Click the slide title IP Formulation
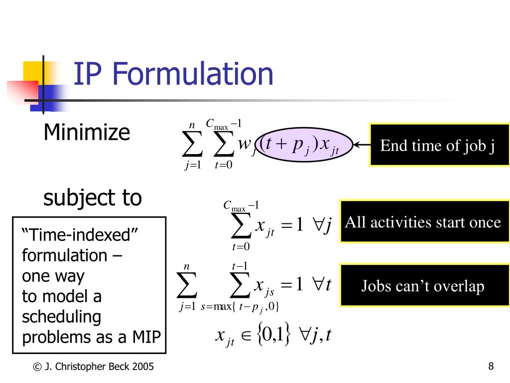[x=173, y=74]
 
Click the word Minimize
[x=87, y=133]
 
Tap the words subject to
[x=93, y=198]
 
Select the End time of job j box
[x=438, y=146]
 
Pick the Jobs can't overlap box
[x=422, y=286]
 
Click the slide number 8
[x=491, y=367]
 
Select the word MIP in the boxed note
[x=146, y=338]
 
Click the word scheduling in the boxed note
[x=62, y=317]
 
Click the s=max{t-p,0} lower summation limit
[x=240, y=307]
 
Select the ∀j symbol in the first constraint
[x=322, y=225]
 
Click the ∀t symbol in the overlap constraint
[x=322, y=285]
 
